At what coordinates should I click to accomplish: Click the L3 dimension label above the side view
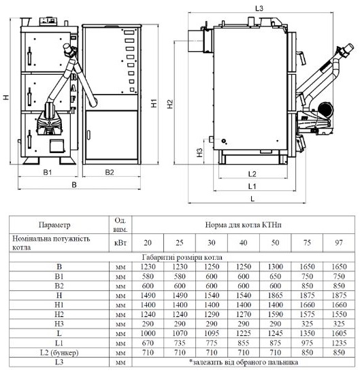[259, 9]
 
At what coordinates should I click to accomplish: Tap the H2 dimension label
[170, 104]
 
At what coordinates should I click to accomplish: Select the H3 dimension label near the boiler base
[199, 152]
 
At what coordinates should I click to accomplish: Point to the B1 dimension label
[48, 172]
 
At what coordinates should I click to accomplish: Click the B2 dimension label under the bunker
[110, 172]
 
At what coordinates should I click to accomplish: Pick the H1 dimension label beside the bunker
[154, 103]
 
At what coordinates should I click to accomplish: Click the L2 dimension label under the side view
[252, 174]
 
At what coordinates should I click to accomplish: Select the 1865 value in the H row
[275, 295]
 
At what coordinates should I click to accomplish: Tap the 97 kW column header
[339, 243]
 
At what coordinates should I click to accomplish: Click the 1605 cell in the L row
[339, 333]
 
